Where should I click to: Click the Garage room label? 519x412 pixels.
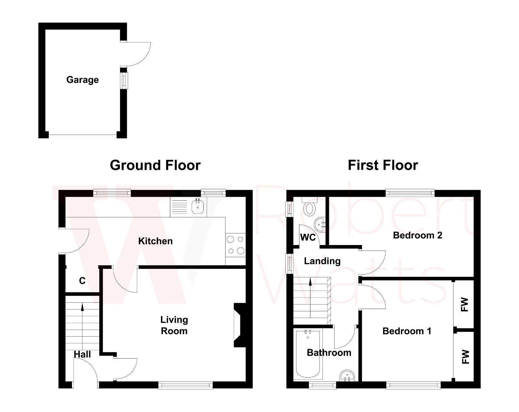82,80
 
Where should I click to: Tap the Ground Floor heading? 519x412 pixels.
155,165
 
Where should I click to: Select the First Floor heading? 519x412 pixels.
383,165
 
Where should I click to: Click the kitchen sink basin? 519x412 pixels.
197,206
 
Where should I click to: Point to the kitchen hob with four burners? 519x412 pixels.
235,245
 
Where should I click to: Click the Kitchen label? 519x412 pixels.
155,241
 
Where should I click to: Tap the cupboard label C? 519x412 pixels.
82,281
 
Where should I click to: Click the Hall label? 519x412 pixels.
82,354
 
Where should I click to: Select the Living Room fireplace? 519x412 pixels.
239,325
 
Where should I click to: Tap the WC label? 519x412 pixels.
308,238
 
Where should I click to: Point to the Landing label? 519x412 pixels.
322,261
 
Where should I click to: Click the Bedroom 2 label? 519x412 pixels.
417,235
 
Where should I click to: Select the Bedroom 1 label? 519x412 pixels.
407,331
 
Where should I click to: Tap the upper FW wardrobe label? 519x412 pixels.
465,305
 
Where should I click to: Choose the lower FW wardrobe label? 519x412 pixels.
465,357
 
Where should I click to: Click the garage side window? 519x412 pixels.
124,80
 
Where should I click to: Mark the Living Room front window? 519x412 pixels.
186,385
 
